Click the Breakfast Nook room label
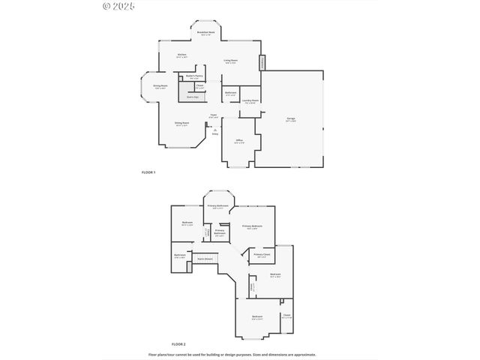pos(205,33)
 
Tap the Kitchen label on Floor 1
pos(181,55)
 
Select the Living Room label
pos(230,60)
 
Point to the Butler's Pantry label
pos(193,76)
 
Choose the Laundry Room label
pos(250,100)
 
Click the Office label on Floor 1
pos(238,140)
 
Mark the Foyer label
pos(214,115)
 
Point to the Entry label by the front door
pos(214,133)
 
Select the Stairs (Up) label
pos(193,97)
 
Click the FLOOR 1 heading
pos(148,172)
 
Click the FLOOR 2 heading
pos(178,343)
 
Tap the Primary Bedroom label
pos(252,226)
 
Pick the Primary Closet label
pos(262,255)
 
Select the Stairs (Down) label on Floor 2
pos(202,259)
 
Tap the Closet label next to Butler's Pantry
pos(200,85)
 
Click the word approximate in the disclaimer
pos(304,355)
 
